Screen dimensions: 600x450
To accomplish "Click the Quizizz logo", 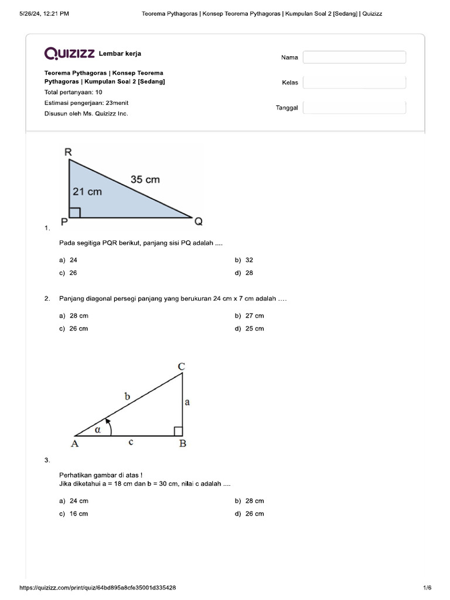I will pyautogui.click(x=69, y=54).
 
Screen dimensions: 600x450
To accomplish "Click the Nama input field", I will pyautogui.click(x=354, y=57).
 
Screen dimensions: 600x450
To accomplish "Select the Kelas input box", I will pyautogui.click(x=354, y=83).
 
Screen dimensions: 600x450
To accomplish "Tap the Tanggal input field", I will pyautogui.click(x=354, y=108).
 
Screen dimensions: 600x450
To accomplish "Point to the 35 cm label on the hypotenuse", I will pyautogui.click(x=145, y=179).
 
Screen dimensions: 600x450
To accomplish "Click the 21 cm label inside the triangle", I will pyautogui.click(x=87, y=192).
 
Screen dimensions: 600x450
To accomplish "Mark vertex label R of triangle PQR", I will pyautogui.click(x=68, y=152).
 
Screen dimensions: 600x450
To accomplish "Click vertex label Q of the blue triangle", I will pyautogui.click(x=198, y=221).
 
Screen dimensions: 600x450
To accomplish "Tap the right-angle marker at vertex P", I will pyautogui.click(x=74, y=212).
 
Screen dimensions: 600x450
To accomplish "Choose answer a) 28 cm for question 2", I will pyautogui.click(x=74, y=316).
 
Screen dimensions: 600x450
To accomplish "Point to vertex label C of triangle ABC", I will pyautogui.click(x=182, y=367).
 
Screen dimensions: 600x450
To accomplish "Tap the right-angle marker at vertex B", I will pyautogui.click(x=178, y=431).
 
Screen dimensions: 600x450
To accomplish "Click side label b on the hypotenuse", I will pyautogui.click(x=127, y=396).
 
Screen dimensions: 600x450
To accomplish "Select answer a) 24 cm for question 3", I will pyautogui.click(x=74, y=501).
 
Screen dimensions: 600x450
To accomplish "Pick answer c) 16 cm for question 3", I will pyautogui.click(x=74, y=514).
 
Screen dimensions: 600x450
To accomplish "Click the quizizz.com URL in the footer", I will pyautogui.click(x=98, y=588).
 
